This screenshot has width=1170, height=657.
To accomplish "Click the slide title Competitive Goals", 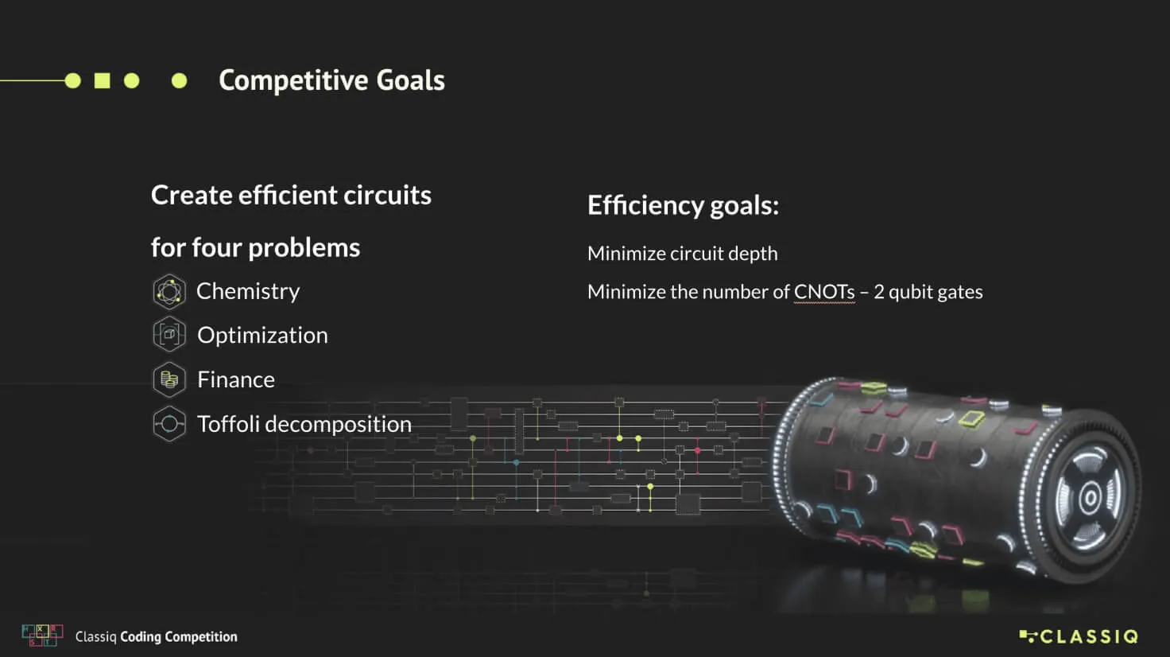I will [x=331, y=80].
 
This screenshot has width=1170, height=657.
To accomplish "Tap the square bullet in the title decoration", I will [x=103, y=80].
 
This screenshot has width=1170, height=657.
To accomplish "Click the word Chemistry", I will [x=248, y=291].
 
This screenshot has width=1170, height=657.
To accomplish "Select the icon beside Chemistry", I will [x=169, y=291].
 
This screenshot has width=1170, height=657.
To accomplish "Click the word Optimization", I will [x=262, y=335].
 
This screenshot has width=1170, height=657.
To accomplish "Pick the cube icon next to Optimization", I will [x=169, y=335].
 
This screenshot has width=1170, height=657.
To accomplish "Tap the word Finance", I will [x=236, y=379].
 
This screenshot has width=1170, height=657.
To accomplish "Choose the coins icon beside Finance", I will [x=169, y=379].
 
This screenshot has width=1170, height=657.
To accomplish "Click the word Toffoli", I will [x=228, y=424].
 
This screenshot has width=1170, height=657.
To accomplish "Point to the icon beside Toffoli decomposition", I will [x=169, y=424].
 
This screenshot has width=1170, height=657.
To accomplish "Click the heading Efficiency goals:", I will [x=683, y=205].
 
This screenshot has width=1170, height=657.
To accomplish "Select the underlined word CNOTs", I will [x=824, y=292].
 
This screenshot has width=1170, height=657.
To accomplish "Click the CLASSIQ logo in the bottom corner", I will [x=1079, y=636].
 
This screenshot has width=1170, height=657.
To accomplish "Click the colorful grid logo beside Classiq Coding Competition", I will [x=42, y=636].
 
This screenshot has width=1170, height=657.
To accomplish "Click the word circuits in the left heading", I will [x=387, y=195].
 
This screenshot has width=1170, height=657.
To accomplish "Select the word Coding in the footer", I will [x=141, y=636].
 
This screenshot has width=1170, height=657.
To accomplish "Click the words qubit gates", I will [x=936, y=292].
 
